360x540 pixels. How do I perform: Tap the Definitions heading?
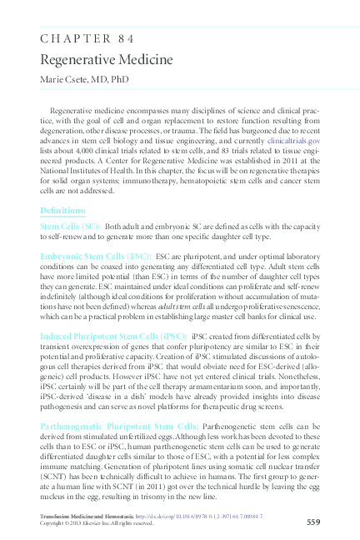62,210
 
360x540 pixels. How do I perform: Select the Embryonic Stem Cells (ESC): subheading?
96,257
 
